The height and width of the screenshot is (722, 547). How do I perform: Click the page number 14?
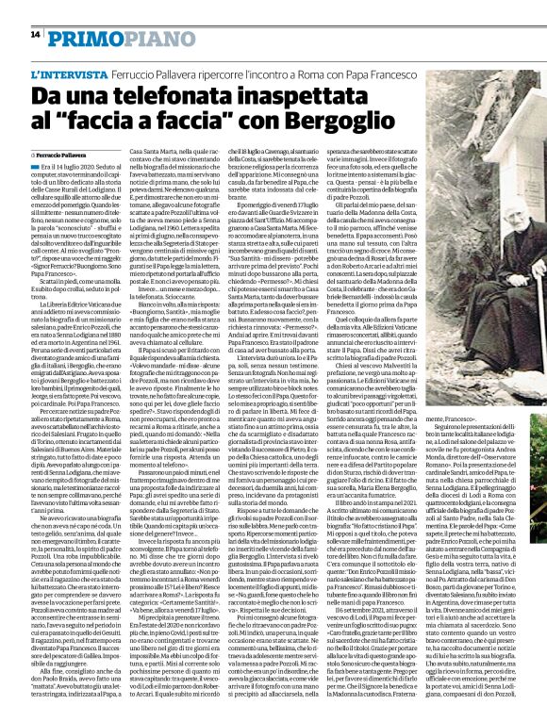[x=34, y=34]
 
